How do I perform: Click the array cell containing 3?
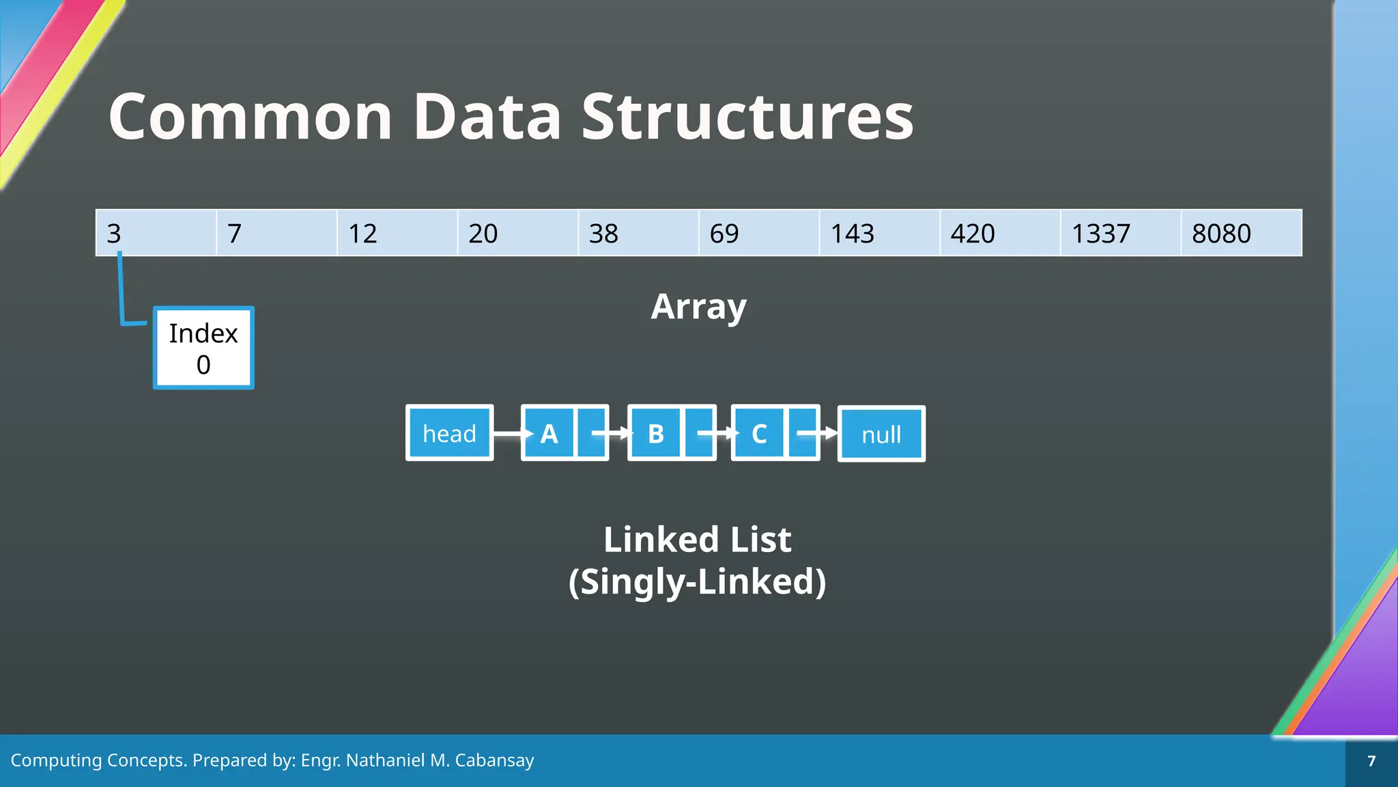[x=156, y=233]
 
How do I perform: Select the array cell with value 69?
[x=758, y=233]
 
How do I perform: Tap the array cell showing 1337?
[x=1120, y=233]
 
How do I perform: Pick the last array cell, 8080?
[x=1241, y=233]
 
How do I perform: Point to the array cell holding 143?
[x=879, y=233]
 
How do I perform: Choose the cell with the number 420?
[x=1000, y=233]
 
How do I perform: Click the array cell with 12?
[x=397, y=233]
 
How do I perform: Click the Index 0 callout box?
[x=203, y=348]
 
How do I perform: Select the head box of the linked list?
[x=449, y=433]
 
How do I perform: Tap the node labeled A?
[x=550, y=433]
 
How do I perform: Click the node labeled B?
[x=656, y=433]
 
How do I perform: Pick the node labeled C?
[x=760, y=433]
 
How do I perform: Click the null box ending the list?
[x=881, y=434]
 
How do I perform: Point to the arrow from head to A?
[x=511, y=433]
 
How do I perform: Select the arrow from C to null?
[x=816, y=433]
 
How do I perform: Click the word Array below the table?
[x=698, y=307]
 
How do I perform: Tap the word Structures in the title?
[x=747, y=117]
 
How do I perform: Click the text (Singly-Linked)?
[x=697, y=581]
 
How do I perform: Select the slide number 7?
[x=1371, y=761]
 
